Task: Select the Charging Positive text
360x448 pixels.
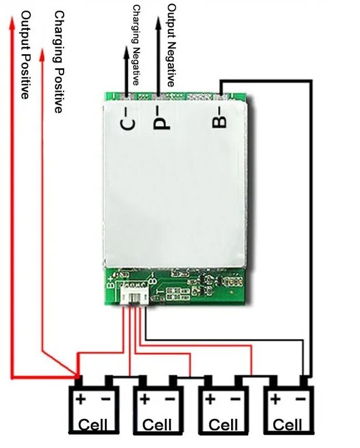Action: point(58,61)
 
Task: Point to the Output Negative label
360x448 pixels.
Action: point(171,45)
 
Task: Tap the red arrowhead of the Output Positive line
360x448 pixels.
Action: point(12,22)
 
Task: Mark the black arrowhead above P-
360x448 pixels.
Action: point(158,23)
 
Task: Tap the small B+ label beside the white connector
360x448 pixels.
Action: point(111,283)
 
